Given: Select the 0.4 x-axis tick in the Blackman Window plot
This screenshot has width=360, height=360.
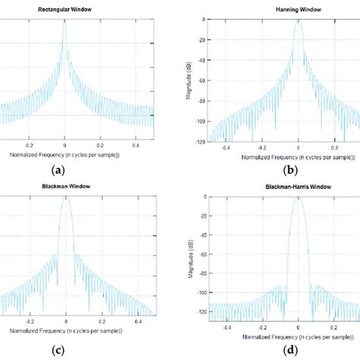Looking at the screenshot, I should click(x=138, y=323).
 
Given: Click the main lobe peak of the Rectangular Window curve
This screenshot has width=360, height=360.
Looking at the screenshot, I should click(x=65, y=21).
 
